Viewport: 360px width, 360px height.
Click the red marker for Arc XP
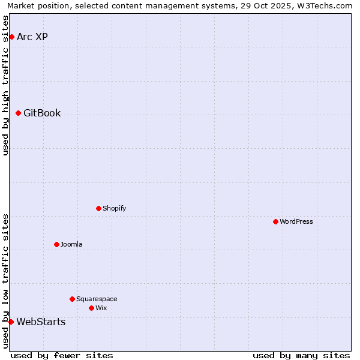click(11, 37)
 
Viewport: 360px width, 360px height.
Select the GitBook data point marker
click(18, 113)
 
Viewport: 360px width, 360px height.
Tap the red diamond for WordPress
click(275, 222)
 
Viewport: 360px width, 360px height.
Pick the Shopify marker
click(98, 209)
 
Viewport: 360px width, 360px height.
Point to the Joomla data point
click(56, 245)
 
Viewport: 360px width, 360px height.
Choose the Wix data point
click(91, 308)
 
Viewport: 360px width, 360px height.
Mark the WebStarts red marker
click(11, 322)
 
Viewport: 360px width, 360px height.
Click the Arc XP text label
click(32, 37)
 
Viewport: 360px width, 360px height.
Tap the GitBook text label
click(42, 113)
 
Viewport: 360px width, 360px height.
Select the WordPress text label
click(296, 222)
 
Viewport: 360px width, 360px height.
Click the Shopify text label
click(115, 209)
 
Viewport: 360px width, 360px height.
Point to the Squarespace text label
click(97, 299)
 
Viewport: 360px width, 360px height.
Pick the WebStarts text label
click(41, 322)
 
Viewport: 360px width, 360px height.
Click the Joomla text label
click(71, 245)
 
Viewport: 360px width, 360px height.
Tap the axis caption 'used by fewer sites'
click(62, 355)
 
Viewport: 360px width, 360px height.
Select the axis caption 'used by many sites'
click(301, 355)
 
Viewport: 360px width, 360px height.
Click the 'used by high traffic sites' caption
click(5, 85)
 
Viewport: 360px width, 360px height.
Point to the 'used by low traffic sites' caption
click(5, 281)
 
